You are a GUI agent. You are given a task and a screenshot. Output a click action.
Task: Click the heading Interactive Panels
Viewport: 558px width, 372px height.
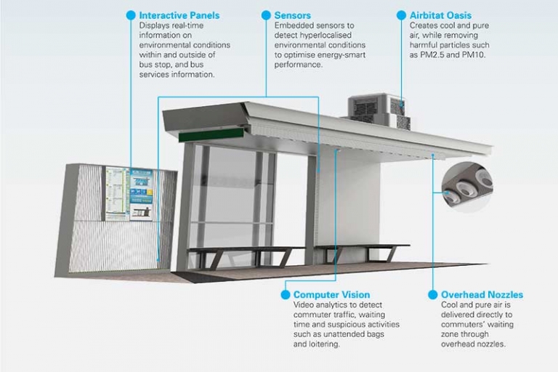179,15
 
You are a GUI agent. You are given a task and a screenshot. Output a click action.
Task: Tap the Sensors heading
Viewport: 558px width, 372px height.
292,15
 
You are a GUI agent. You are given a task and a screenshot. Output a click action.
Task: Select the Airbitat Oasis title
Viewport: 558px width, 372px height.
440,15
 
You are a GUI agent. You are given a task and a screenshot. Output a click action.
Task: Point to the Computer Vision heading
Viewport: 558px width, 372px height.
331,295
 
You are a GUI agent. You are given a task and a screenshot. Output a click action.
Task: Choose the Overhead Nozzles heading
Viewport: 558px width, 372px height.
482,295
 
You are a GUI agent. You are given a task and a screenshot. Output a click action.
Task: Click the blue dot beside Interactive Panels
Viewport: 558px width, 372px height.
131,15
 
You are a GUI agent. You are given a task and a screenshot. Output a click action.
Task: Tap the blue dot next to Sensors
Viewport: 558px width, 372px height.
266,15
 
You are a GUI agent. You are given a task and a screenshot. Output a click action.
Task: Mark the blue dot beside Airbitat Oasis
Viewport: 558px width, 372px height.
401,15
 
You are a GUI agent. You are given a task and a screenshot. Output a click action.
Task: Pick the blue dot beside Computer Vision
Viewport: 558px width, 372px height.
285,294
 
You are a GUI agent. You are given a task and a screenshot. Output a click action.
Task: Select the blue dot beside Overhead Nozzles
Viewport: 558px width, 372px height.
433,294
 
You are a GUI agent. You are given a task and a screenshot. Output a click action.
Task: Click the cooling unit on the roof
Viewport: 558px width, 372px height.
379,111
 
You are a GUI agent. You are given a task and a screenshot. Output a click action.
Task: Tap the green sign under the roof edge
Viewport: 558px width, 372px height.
211,135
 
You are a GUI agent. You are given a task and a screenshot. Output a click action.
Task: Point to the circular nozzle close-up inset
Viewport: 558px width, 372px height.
467,187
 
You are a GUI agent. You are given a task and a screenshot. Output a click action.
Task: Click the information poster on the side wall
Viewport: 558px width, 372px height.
129,194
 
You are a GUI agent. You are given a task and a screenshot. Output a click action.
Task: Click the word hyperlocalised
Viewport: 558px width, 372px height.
325,36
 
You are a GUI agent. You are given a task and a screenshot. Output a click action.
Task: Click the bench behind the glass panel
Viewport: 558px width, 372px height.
246,256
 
